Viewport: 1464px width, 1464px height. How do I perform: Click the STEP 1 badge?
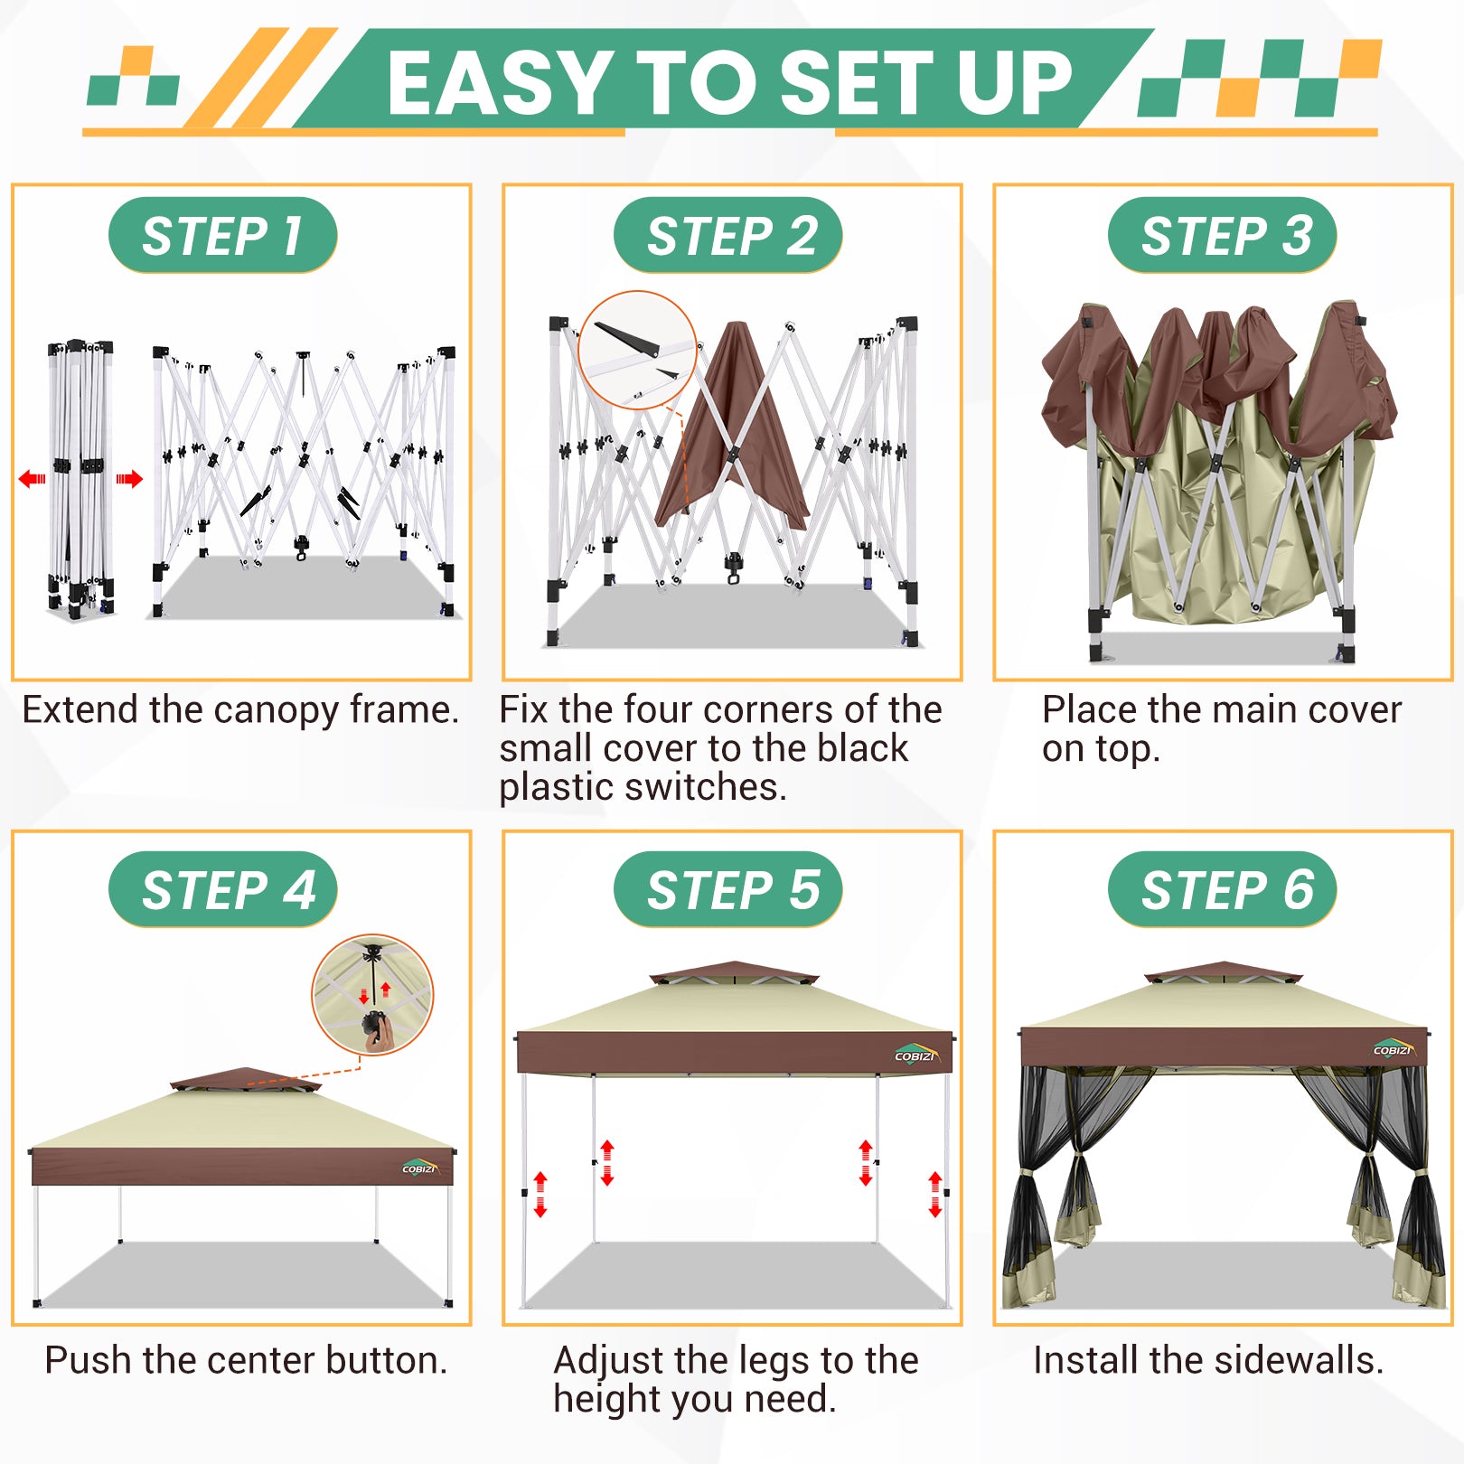pos(222,235)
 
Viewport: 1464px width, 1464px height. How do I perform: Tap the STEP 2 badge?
pos(727,235)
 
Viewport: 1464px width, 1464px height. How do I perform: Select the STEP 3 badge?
pos(1222,235)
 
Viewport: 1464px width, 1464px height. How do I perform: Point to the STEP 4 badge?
pos(222,889)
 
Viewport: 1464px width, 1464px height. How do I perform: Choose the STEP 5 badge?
pos(727,889)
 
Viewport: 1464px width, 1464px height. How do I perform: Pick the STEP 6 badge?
pos(1222,889)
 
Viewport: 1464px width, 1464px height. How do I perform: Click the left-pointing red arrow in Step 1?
pos(33,478)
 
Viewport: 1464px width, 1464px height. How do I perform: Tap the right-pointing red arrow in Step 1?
pos(129,478)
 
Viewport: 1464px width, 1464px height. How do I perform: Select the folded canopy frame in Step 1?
pos(81,480)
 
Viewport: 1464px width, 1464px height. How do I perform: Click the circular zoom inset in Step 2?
pos(637,350)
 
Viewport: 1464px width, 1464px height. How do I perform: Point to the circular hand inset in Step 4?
pos(372,994)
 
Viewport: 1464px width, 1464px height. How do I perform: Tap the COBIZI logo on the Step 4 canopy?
pos(420,1168)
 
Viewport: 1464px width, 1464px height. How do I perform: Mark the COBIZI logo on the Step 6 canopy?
pos(1393,1048)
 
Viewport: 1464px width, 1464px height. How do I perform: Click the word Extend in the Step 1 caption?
pos(81,709)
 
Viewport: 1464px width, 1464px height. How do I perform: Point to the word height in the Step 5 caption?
pos(605,1399)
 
